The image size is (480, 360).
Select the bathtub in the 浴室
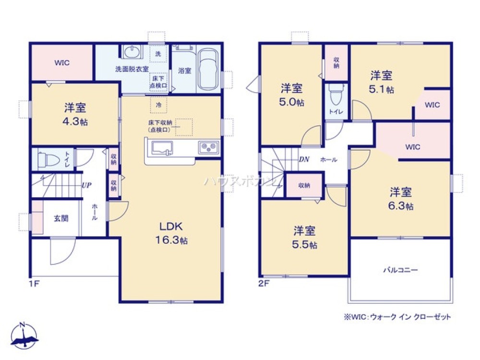tap(209, 70)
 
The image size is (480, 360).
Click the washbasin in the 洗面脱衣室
tap(131, 51)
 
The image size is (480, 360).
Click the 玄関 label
tap(60, 218)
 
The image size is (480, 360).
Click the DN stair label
tap(303, 159)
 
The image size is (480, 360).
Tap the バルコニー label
tap(400, 270)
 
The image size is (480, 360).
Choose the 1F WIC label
tap(61, 62)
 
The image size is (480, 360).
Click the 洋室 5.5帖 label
tap(305, 237)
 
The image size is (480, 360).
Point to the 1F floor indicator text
tap(33, 283)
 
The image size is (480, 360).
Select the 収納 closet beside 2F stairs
tap(304, 185)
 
